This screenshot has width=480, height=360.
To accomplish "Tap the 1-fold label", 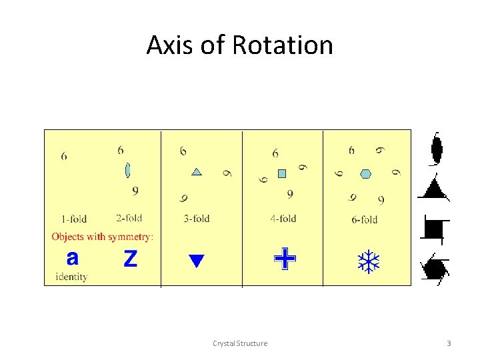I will [x=73, y=219].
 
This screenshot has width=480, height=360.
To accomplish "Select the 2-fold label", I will [x=129, y=218].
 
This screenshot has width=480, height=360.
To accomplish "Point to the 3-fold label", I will [x=196, y=219].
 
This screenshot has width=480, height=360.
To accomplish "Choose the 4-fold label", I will [x=283, y=218].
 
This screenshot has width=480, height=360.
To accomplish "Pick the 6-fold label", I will [x=364, y=219].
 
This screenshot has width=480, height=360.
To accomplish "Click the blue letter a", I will [x=73, y=257].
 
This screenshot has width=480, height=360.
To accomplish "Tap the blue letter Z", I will [x=130, y=258].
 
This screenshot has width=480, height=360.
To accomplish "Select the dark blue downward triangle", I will [x=195, y=261].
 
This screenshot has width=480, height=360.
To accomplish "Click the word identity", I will [x=71, y=277].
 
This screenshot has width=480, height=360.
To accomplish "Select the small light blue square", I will [x=281, y=173].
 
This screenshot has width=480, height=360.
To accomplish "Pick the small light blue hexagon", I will [x=365, y=174].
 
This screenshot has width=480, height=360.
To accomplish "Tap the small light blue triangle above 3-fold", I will [x=197, y=172].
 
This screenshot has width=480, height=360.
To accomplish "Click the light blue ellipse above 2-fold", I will [x=127, y=170].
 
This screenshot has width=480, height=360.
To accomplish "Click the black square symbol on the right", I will [x=434, y=229].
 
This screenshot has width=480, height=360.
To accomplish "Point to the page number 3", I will [x=449, y=343].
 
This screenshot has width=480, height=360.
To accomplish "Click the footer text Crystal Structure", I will [x=240, y=343].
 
